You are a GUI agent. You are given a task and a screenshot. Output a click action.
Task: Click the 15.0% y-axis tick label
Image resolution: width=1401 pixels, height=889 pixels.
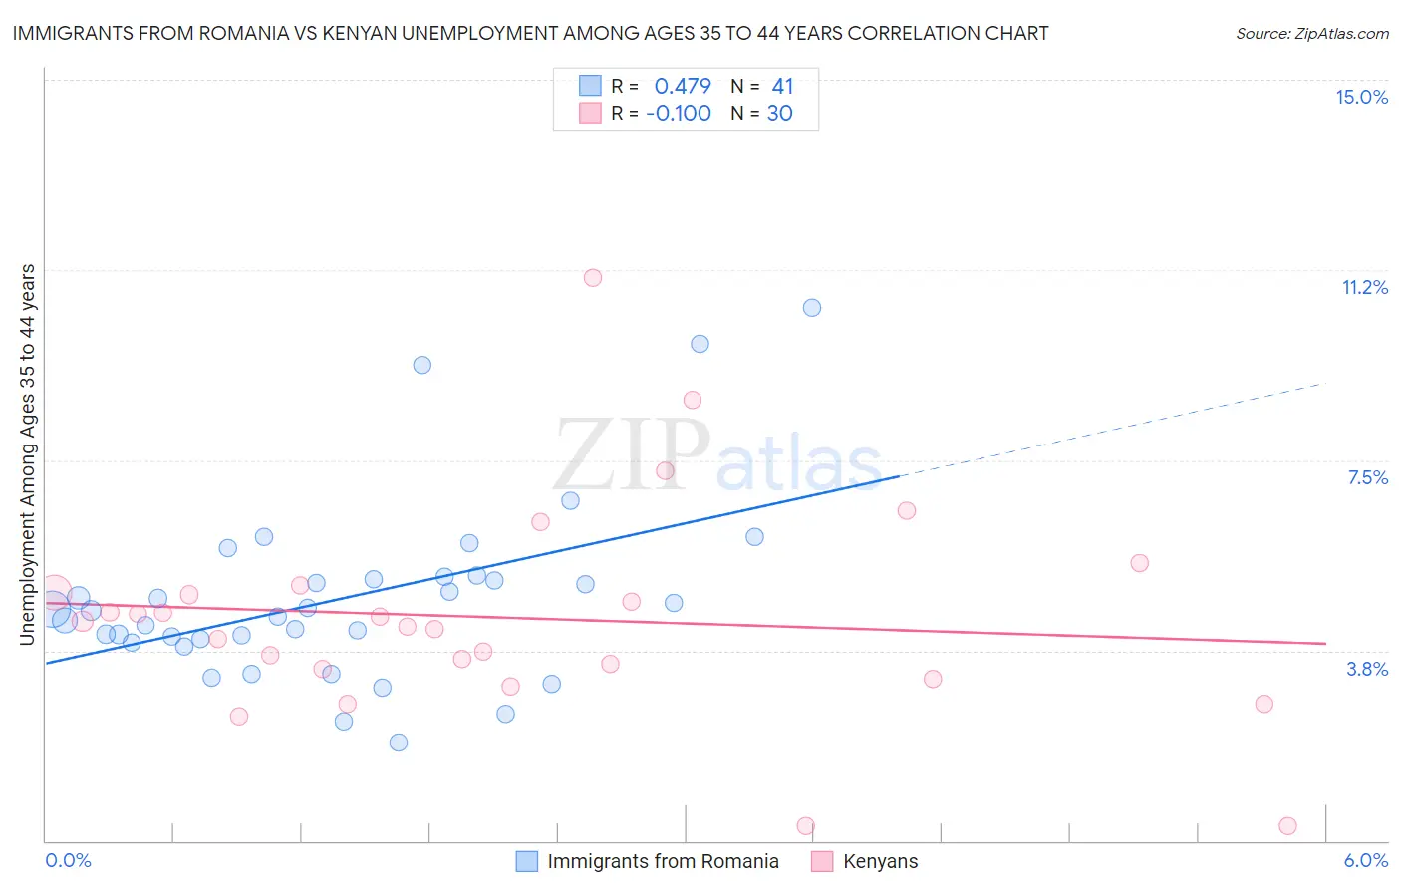[x=1361, y=97]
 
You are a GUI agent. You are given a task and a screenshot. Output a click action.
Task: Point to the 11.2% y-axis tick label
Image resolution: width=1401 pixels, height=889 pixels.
[x=1364, y=287]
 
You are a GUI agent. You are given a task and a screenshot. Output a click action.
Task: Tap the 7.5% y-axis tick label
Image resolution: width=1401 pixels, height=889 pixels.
[x=1367, y=477]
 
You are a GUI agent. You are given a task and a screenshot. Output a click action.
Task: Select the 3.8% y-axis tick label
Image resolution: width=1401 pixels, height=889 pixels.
[x=1367, y=669]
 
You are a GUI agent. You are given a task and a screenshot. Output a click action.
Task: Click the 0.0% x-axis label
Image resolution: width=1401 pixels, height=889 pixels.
[x=68, y=860]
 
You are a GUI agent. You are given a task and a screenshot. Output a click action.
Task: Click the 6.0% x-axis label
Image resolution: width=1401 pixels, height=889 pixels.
[x=1365, y=860]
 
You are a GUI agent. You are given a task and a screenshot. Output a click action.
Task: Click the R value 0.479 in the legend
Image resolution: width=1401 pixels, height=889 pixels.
[x=683, y=87]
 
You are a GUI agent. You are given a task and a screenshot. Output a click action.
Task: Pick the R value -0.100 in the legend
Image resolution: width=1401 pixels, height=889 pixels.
[x=679, y=114]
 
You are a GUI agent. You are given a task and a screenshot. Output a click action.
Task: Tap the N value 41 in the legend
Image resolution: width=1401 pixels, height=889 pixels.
[x=782, y=87]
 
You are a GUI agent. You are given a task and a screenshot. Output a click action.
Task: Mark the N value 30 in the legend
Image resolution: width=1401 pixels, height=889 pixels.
[x=779, y=114]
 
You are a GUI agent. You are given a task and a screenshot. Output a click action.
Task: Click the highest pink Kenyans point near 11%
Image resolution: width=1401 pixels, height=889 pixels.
[x=593, y=278]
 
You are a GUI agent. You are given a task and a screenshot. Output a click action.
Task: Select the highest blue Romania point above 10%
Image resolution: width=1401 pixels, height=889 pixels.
[x=812, y=308]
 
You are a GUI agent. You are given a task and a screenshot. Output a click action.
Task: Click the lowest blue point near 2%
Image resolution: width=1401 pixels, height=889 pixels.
[x=399, y=742]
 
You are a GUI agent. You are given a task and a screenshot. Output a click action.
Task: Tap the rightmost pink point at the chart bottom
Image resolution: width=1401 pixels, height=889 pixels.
[x=1287, y=826]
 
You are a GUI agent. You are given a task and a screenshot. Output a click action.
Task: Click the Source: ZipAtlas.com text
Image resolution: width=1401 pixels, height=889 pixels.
[x=1311, y=34]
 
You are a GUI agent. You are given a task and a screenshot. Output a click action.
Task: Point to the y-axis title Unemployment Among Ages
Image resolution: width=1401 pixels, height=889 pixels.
[x=28, y=454]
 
